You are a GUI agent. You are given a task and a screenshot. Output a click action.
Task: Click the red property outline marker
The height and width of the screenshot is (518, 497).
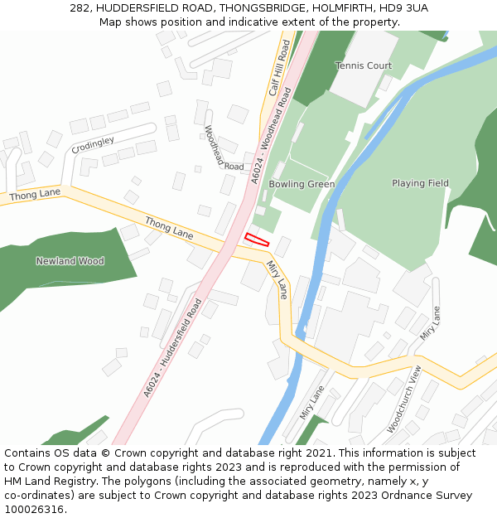[257, 240]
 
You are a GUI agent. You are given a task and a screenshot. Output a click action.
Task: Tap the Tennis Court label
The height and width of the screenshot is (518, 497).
[364, 65]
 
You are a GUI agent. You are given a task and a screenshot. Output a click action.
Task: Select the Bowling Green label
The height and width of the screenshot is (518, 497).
[302, 184]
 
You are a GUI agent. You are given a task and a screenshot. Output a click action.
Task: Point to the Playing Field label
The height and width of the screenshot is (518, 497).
[420, 183]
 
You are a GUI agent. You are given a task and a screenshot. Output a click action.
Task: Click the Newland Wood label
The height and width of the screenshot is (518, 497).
[70, 261]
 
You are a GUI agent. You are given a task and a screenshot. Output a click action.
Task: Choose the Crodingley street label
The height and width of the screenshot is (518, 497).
[93, 145]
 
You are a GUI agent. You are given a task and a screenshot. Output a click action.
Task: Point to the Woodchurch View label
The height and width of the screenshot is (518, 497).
[404, 399]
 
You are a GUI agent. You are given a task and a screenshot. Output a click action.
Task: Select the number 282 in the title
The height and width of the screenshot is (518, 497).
[80, 8]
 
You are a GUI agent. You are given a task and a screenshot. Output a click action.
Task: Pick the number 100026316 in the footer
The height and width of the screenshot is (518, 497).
[34, 510]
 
